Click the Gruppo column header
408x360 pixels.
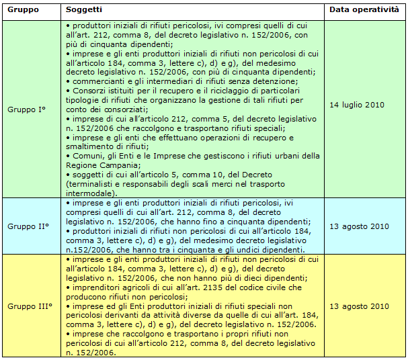pos(23,11)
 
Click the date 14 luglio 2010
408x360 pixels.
pos(358,105)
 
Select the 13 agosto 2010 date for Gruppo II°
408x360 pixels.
pos(359,226)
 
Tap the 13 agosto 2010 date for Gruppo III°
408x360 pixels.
pos(359,306)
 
